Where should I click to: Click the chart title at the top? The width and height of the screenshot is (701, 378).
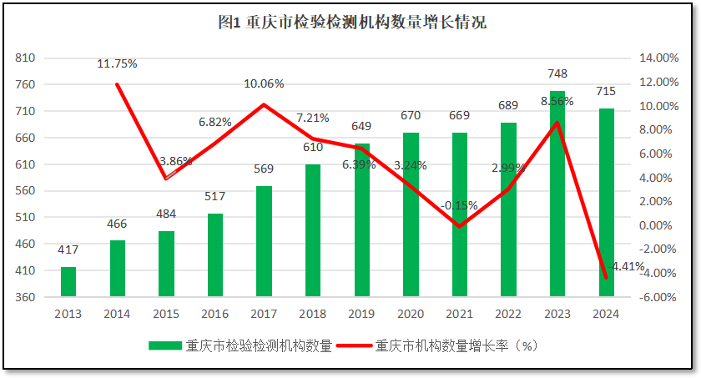coord(351,23)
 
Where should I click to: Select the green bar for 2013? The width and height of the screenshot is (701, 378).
coord(68,281)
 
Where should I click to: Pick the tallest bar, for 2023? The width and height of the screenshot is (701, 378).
coord(557,193)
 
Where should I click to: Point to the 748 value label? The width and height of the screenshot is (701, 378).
coord(557,73)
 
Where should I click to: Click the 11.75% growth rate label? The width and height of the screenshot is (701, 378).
coord(117,63)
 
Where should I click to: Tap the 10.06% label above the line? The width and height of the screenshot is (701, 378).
coord(264,83)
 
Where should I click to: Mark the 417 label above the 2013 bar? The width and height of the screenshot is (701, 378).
coord(68,249)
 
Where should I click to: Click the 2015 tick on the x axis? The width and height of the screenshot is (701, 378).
coord(166,314)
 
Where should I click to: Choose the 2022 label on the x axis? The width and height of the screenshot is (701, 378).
coord(508,314)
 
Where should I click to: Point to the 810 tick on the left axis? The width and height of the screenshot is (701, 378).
coord(25,58)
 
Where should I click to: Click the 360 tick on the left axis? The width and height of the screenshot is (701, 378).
coord(25,297)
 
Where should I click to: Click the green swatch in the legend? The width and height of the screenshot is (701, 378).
coord(165,346)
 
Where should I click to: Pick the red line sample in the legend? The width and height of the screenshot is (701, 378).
coord(356,346)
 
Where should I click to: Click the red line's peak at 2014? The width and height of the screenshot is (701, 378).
coord(117,84)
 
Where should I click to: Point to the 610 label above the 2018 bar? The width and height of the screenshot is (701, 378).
coord(313,147)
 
